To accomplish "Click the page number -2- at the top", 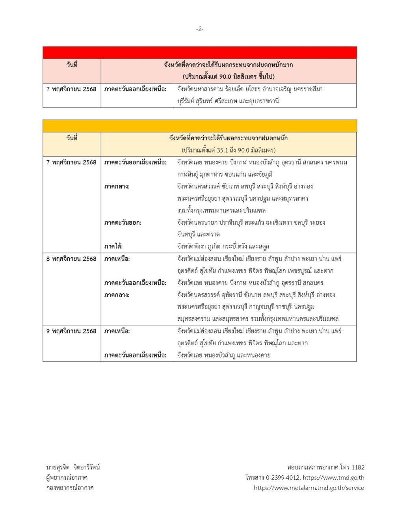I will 200,29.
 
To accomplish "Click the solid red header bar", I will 200,53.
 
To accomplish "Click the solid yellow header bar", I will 200,126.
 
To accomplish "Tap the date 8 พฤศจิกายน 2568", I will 71,259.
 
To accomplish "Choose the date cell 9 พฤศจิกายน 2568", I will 71,331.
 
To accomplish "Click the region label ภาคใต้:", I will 113,246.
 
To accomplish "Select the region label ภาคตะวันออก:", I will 123,222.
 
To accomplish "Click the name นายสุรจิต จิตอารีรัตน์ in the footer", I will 73,467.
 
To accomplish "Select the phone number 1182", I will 357,467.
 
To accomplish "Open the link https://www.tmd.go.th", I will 333,478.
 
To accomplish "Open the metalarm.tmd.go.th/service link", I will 309,488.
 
